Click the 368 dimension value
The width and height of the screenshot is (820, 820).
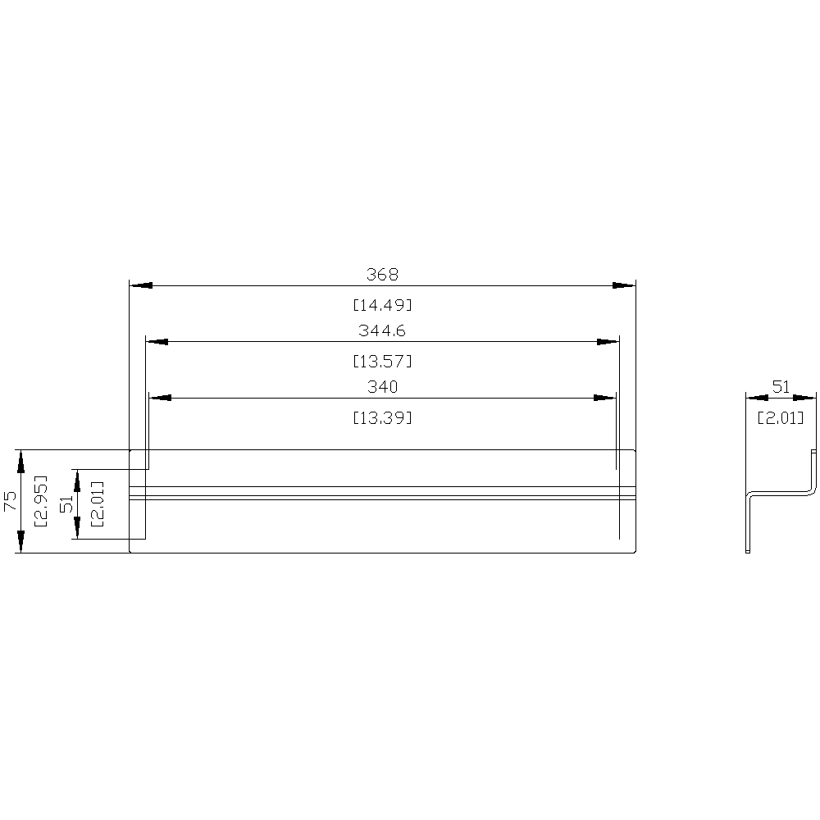[x=382, y=274]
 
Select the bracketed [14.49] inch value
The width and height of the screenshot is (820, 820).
[x=382, y=305]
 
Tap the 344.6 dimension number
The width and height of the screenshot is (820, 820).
[x=382, y=330]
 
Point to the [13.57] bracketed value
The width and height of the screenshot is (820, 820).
[x=382, y=361]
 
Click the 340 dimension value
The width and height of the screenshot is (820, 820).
[x=382, y=386]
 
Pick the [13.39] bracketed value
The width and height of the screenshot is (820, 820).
[x=382, y=417]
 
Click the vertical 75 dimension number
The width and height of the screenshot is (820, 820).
[x=9, y=501]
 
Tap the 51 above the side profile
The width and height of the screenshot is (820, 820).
[x=781, y=385]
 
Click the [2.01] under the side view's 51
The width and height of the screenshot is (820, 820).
[x=781, y=417]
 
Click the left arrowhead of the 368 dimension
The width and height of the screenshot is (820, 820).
[x=141, y=285]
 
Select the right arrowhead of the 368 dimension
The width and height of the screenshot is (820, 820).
[x=625, y=285]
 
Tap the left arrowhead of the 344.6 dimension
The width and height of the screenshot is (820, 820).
[x=156, y=341]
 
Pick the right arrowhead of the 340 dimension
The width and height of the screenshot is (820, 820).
[x=605, y=398]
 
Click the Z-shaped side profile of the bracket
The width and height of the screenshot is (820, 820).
[x=779, y=493]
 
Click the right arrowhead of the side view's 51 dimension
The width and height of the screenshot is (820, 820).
[x=807, y=397]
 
